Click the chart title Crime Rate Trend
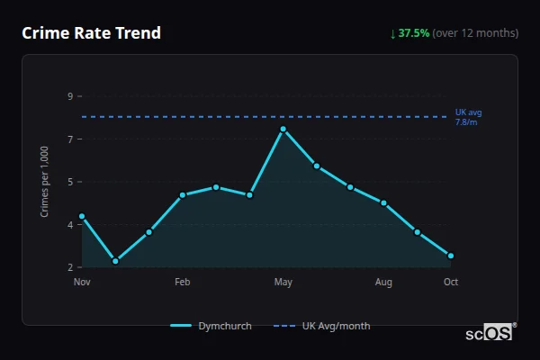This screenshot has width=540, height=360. click(91, 33)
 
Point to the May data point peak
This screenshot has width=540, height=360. click(283, 129)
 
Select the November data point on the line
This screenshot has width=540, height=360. click(82, 216)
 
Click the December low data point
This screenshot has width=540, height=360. click(115, 261)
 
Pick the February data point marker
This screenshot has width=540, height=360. click(183, 194)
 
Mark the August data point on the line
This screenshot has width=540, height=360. click(384, 202)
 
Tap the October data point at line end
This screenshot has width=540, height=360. click(451, 256)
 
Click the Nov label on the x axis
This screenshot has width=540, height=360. click(82, 283)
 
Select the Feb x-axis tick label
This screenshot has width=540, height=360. click(183, 283)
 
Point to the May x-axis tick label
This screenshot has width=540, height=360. click(283, 283)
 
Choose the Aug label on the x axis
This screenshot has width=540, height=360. click(384, 283)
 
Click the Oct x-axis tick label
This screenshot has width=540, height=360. click(451, 283)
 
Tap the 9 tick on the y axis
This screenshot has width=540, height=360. click(70, 95)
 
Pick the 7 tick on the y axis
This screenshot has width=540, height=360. click(70, 139)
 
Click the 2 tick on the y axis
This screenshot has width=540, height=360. click(70, 267)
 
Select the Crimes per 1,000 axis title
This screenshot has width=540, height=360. click(45, 181)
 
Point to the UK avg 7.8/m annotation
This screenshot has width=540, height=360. click(469, 117)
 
